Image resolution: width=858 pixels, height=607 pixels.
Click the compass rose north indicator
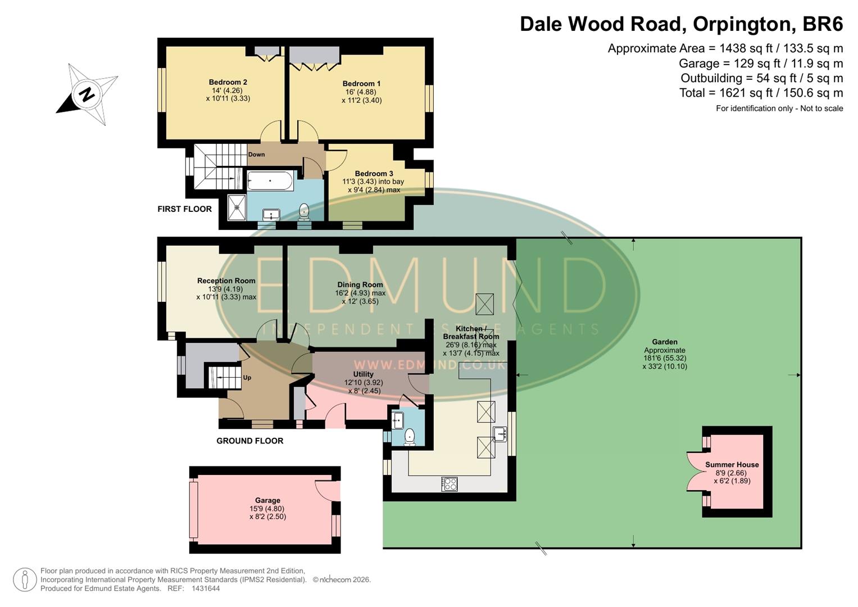[87, 94]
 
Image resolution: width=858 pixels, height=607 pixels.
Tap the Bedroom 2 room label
[228, 82]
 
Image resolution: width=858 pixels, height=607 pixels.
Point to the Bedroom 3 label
[374, 174]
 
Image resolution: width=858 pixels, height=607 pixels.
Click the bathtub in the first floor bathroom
[270, 181]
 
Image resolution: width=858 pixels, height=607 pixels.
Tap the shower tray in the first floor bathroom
[237, 206]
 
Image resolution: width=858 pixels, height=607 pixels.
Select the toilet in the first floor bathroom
[304, 211]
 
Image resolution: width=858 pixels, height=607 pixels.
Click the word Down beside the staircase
[256, 155]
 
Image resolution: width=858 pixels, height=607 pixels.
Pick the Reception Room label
[226, 280]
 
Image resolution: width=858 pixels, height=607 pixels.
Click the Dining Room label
[360, 284]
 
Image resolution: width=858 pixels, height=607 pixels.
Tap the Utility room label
[363, 374]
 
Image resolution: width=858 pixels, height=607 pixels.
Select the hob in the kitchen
[450, 483]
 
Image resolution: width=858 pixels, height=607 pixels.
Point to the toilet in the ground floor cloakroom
[410, 436]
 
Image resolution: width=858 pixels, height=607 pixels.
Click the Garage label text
[267, 500]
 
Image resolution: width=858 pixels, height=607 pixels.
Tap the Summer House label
[732, 464]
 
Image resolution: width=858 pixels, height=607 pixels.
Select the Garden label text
[664, 342]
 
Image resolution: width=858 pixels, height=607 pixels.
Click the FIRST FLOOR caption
[184, 209]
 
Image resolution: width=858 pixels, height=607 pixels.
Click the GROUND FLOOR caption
[249, 441]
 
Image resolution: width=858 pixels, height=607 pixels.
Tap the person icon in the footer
[25, 579]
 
